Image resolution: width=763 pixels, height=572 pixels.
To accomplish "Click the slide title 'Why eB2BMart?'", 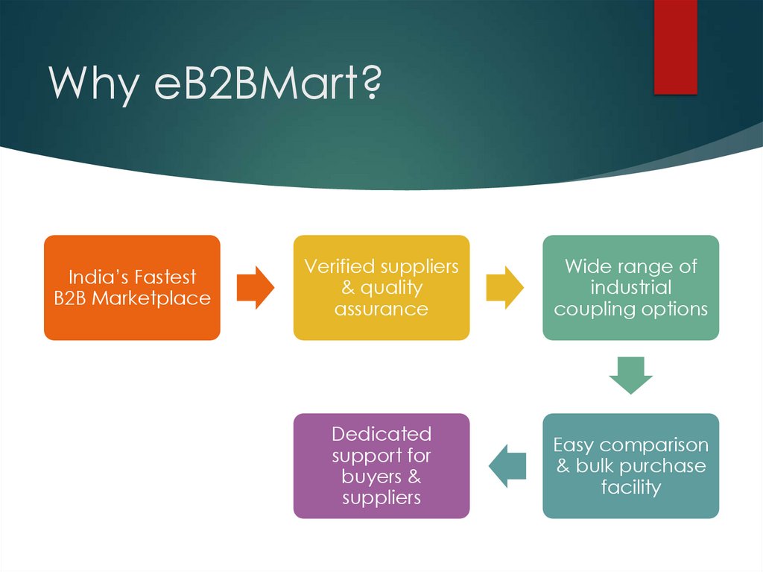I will [x=215, y=84].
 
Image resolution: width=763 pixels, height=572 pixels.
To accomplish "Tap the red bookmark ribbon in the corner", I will [x=675, y=46].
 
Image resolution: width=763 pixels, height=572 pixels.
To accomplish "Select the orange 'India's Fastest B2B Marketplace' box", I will [x=132, y=288].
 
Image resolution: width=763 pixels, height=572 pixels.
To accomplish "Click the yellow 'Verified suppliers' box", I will [x=381, y=288].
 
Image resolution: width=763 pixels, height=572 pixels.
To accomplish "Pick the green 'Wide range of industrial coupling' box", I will [x=630, y=288].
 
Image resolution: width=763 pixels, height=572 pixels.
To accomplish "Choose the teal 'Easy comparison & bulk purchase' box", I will [x=630, y=466].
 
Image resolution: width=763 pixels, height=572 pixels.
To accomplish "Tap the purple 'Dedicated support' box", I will [x=381, y=466].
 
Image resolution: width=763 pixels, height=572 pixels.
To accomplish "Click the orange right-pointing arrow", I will [x=256, y=288].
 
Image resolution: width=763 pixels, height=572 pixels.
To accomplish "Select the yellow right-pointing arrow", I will [x=504, y=288].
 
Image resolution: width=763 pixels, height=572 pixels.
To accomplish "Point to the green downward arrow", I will [x=630, y=375].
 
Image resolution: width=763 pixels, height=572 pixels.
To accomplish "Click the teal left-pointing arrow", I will [x=507, y=466].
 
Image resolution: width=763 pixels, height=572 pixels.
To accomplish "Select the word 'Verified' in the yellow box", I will [x=339, y=267].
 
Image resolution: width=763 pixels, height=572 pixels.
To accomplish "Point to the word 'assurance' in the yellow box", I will [x=381, y=309].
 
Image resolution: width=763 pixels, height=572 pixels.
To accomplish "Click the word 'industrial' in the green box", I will [x=630, y=288].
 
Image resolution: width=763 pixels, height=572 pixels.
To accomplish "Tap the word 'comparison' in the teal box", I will [x=653, y=445].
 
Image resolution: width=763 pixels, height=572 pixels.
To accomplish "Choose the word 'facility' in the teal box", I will [x=630, y=487].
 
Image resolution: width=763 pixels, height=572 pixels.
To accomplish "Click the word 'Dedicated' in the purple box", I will [x=381, y=434].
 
